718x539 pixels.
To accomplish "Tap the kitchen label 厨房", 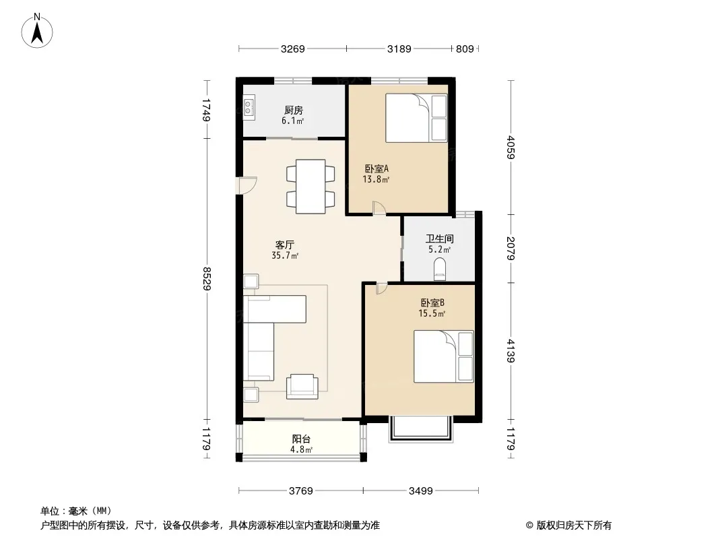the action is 293,110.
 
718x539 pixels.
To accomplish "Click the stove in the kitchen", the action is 249,108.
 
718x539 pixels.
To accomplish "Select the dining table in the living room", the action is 311,186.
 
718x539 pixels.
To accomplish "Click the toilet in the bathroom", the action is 440,269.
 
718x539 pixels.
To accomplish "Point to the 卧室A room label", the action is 377,168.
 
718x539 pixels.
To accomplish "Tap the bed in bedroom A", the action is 416,118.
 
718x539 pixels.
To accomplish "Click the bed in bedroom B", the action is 444,356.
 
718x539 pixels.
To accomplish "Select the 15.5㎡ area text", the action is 432,314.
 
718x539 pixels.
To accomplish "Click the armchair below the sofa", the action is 302,387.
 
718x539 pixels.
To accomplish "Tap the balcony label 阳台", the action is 301,439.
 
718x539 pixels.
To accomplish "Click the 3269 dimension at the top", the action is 292,49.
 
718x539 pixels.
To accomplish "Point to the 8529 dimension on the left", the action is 207,278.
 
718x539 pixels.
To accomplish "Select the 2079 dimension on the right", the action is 511,248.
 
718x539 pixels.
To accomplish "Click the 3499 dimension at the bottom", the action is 420,491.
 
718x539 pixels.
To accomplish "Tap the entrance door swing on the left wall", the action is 247,185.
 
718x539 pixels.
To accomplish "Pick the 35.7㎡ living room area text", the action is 285,256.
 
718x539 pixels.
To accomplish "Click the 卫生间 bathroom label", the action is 440,239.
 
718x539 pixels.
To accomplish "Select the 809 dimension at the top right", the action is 465,49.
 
